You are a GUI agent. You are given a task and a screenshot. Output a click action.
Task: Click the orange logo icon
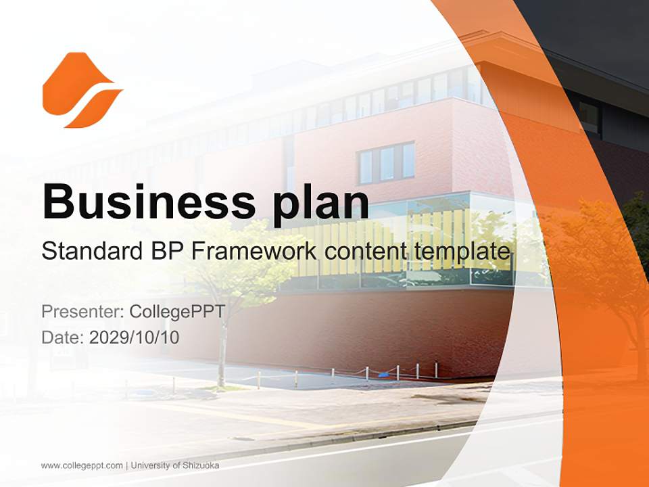(81, 90)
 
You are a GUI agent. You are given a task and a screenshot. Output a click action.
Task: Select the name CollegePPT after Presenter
(177, 312)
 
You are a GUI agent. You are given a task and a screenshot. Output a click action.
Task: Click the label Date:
(63, 337)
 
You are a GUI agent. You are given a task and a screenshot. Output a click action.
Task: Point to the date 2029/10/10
(135, 337)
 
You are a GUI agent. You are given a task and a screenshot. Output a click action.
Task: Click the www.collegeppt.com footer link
(82, 465)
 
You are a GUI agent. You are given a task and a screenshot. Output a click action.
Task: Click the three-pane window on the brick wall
(386, 163)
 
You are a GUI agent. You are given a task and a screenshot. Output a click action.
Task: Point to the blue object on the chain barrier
(384, 371)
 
